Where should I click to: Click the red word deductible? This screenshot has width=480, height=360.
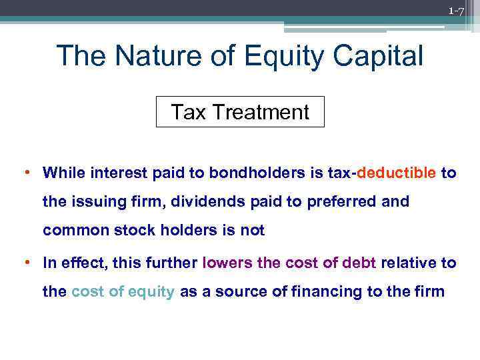[x=397, y=173]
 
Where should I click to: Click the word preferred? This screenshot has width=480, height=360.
[x=348, y=202]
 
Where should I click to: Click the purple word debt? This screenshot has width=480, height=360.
[x=359, y=263]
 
